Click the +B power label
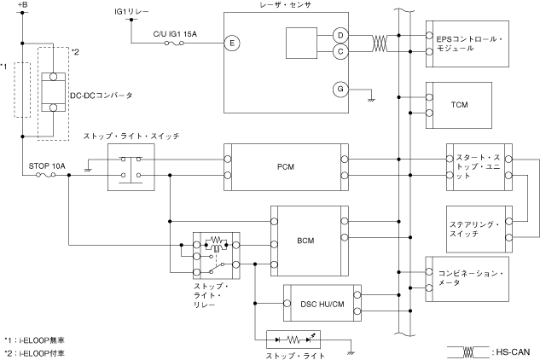click(22, 8)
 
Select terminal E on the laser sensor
click(229, 41)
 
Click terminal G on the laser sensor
click(340, 89)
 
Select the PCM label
click(286, 166)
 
